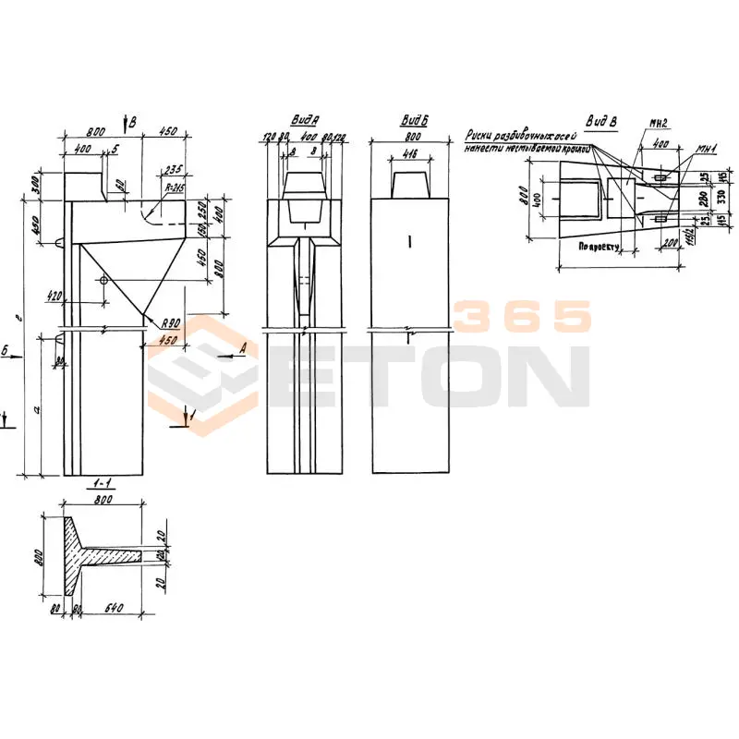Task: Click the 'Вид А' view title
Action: click(x=305, y=121)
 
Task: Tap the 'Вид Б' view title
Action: click(x=411, y=121)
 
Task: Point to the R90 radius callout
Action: click(x=168, y=323)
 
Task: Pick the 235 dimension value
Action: click(x=172, y=169)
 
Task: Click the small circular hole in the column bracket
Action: click(x=103, y=279)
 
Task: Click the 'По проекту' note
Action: click(x=598, y=248)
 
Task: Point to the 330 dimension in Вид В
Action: click(x=722, y=196)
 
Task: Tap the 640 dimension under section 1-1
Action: click(x=114, y=611)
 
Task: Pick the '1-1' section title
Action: click(x=104, y=484)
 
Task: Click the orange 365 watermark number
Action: click(x=523, y=317)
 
